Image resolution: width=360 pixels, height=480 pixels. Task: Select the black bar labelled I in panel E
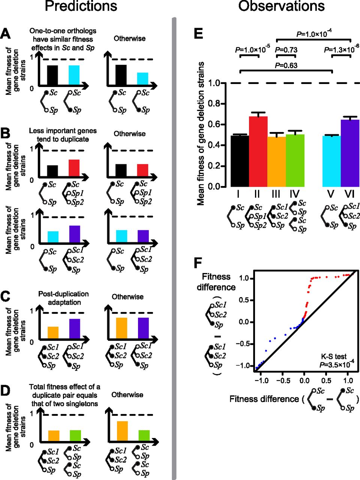pyautogui.click(x=240, y=161)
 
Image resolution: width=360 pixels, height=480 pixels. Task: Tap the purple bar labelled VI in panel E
pyautogui.click(x=350, y=154)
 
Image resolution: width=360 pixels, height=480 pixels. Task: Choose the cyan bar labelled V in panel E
pyautogui.click(x=331, y=161)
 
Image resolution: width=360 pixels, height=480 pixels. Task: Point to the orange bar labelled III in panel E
pyautogui.click(x=277, y=162)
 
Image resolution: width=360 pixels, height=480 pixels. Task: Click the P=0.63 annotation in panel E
pyautogui.click(x=286, y=65)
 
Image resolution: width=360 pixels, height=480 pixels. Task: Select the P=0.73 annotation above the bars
pyautogui.click(x=286, y=49)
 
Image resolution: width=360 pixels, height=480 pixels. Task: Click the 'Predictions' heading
pyautogui.click(x=81, y=6)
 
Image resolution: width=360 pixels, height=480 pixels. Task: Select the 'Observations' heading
pyautogui.click(x=281, y=6)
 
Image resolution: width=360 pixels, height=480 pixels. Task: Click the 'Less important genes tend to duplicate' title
pyautogui.click(x=63, y=135)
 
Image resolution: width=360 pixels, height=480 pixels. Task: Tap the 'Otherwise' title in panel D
pyautogui.click(x=127, y=395)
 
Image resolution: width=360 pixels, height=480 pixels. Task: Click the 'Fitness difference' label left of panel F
pyautogui.click(x=216, y=282)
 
